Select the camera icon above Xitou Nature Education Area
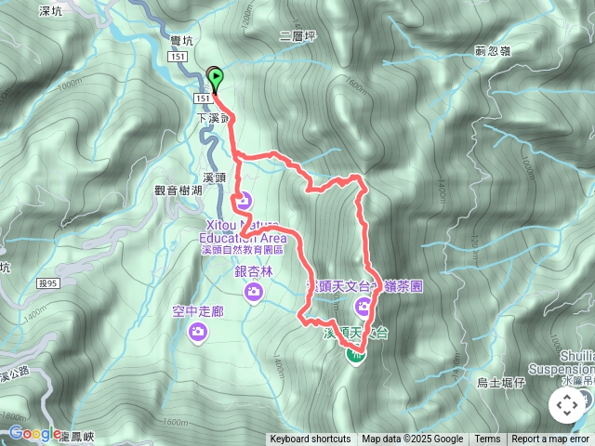[x=244, y=198]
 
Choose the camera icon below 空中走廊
[x=197, y=331]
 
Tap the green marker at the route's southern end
[x=356, y=351]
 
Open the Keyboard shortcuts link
[x=310, y=439]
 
